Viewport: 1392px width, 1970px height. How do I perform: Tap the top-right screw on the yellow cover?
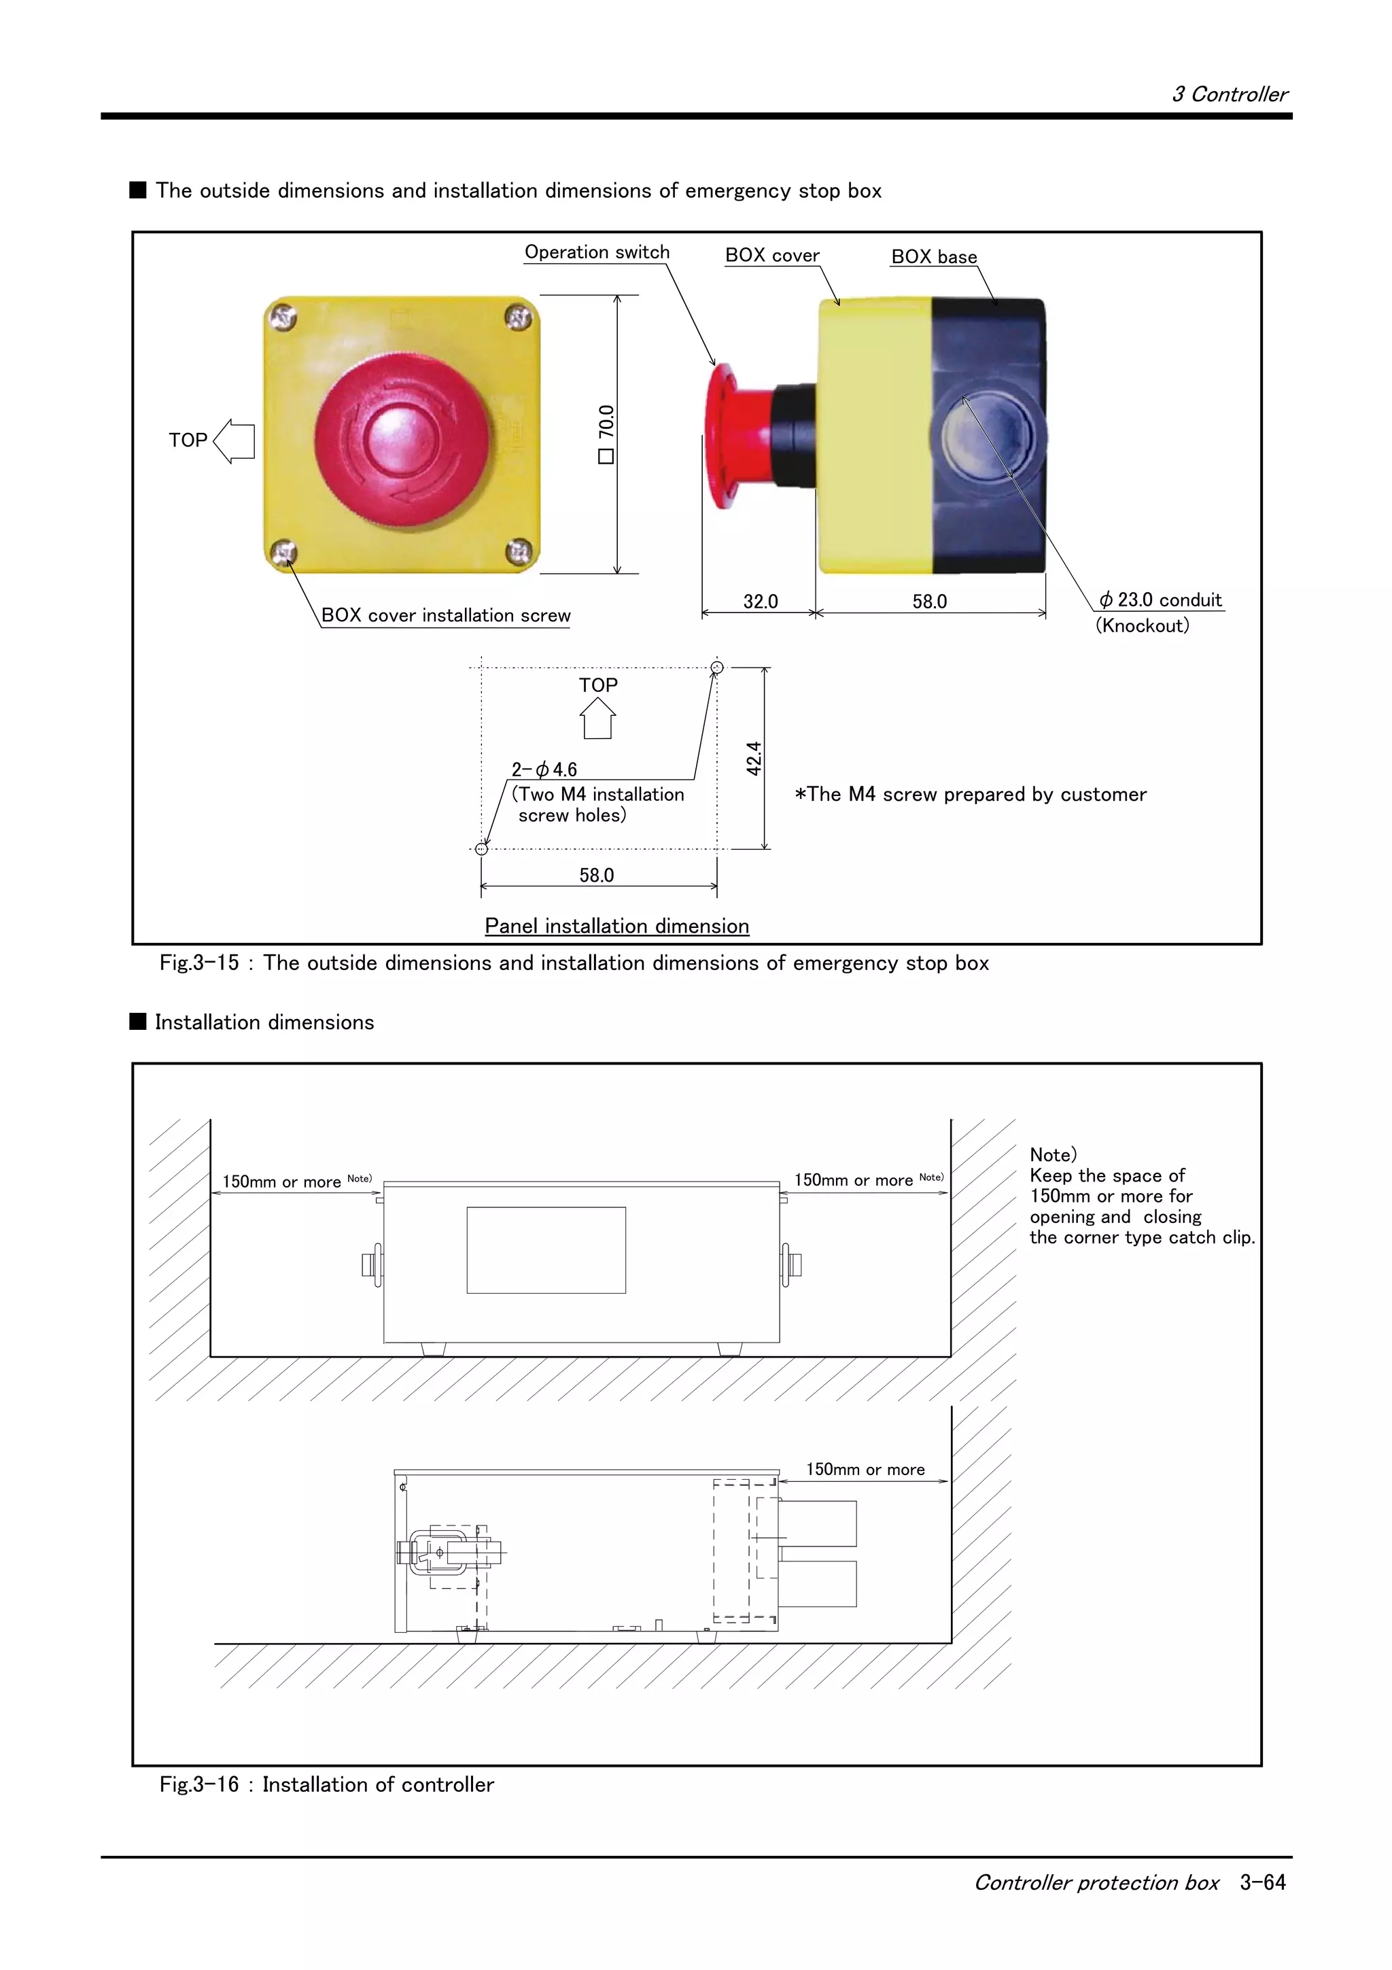pyautogui.click(x=517, y=319)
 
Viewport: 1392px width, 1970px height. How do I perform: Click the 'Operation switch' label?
pyautogui.click(x=597, y=252)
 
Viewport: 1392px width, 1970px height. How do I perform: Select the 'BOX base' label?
pyautogui.click(x=934, y=256)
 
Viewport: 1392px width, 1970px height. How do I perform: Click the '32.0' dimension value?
pyautogui.click(x=760, y=602)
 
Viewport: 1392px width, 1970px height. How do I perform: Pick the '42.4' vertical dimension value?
pyautogui.click(x=754, y=759)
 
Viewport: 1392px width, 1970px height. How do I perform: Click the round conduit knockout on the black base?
pyautogui.click(x=987, y=438)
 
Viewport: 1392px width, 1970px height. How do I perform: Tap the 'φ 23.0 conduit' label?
pyautogui.click(x=1162, y=600)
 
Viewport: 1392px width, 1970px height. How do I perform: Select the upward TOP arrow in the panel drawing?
pyautogui.click(x=598, y=718)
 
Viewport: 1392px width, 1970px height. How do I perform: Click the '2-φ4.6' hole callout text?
pyautogui.click(x=544, y=770)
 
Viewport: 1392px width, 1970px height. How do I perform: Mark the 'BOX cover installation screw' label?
pyautogui.click(x=445, y=615)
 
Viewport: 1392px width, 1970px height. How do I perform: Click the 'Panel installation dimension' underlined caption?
pyautogui.click(x=616, y=926)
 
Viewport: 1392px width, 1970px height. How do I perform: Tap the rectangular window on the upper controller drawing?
pyautogui.click(x=546, y=1249)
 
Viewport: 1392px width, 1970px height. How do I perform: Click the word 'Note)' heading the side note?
pyautogui.click(x=1052, y=1155)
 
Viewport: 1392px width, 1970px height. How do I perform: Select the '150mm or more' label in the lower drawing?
pyautogui.click(x=865, y=1469)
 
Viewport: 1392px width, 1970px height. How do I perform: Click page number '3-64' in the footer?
pyautogui.click(x=1262, y=1882)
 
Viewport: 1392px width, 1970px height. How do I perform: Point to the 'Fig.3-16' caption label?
pyautogui.click(x=199, y=1784)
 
